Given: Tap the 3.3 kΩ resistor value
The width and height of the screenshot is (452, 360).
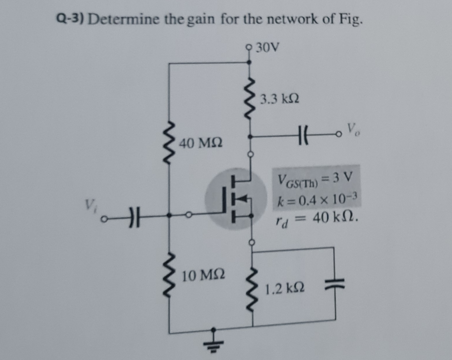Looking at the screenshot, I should [x=279, y=99].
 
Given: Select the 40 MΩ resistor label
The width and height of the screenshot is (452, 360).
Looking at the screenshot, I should [x=201, y=144].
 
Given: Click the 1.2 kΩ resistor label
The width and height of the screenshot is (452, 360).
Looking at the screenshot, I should [x=284, y=289].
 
